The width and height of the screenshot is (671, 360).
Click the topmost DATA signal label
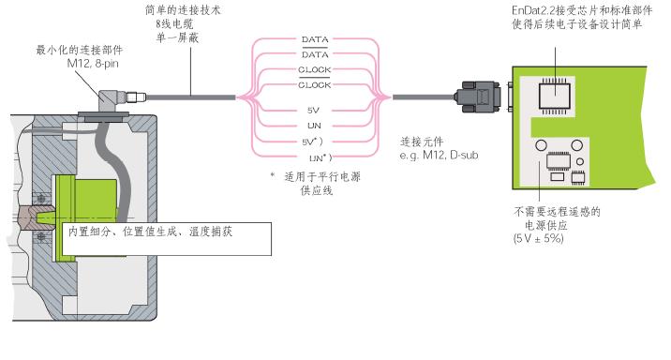click(x=315, y=39)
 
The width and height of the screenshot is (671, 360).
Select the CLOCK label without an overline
click(x=315, y=69)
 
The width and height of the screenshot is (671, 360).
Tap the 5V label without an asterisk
click(x=313, y=110)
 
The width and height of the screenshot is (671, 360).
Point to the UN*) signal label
click(x=321, y=157)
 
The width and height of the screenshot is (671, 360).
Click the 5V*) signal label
click(x=312, y=142)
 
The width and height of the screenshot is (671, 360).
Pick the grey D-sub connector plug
click(x=478, y=97)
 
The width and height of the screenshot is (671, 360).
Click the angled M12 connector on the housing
click(x=114, y=99)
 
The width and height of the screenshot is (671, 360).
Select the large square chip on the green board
click(x=555, y=96)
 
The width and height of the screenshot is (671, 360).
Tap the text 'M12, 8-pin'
click(x=93, y=64)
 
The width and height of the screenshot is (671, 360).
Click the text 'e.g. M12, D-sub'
click(x=439, y=155)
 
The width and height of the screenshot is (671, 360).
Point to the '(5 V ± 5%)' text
click(x=538, y=238)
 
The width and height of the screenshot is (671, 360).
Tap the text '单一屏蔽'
click(x=177, y=37)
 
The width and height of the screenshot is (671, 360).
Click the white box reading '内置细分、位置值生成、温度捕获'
click(x=167, y=239)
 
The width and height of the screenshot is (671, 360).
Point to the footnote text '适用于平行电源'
click(x=322, y=176)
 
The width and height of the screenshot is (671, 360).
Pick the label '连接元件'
click(x=422, y=142)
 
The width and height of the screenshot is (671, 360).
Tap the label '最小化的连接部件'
click(x=79, y=50)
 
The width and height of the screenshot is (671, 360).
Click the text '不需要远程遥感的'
click(x=557, y=212)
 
